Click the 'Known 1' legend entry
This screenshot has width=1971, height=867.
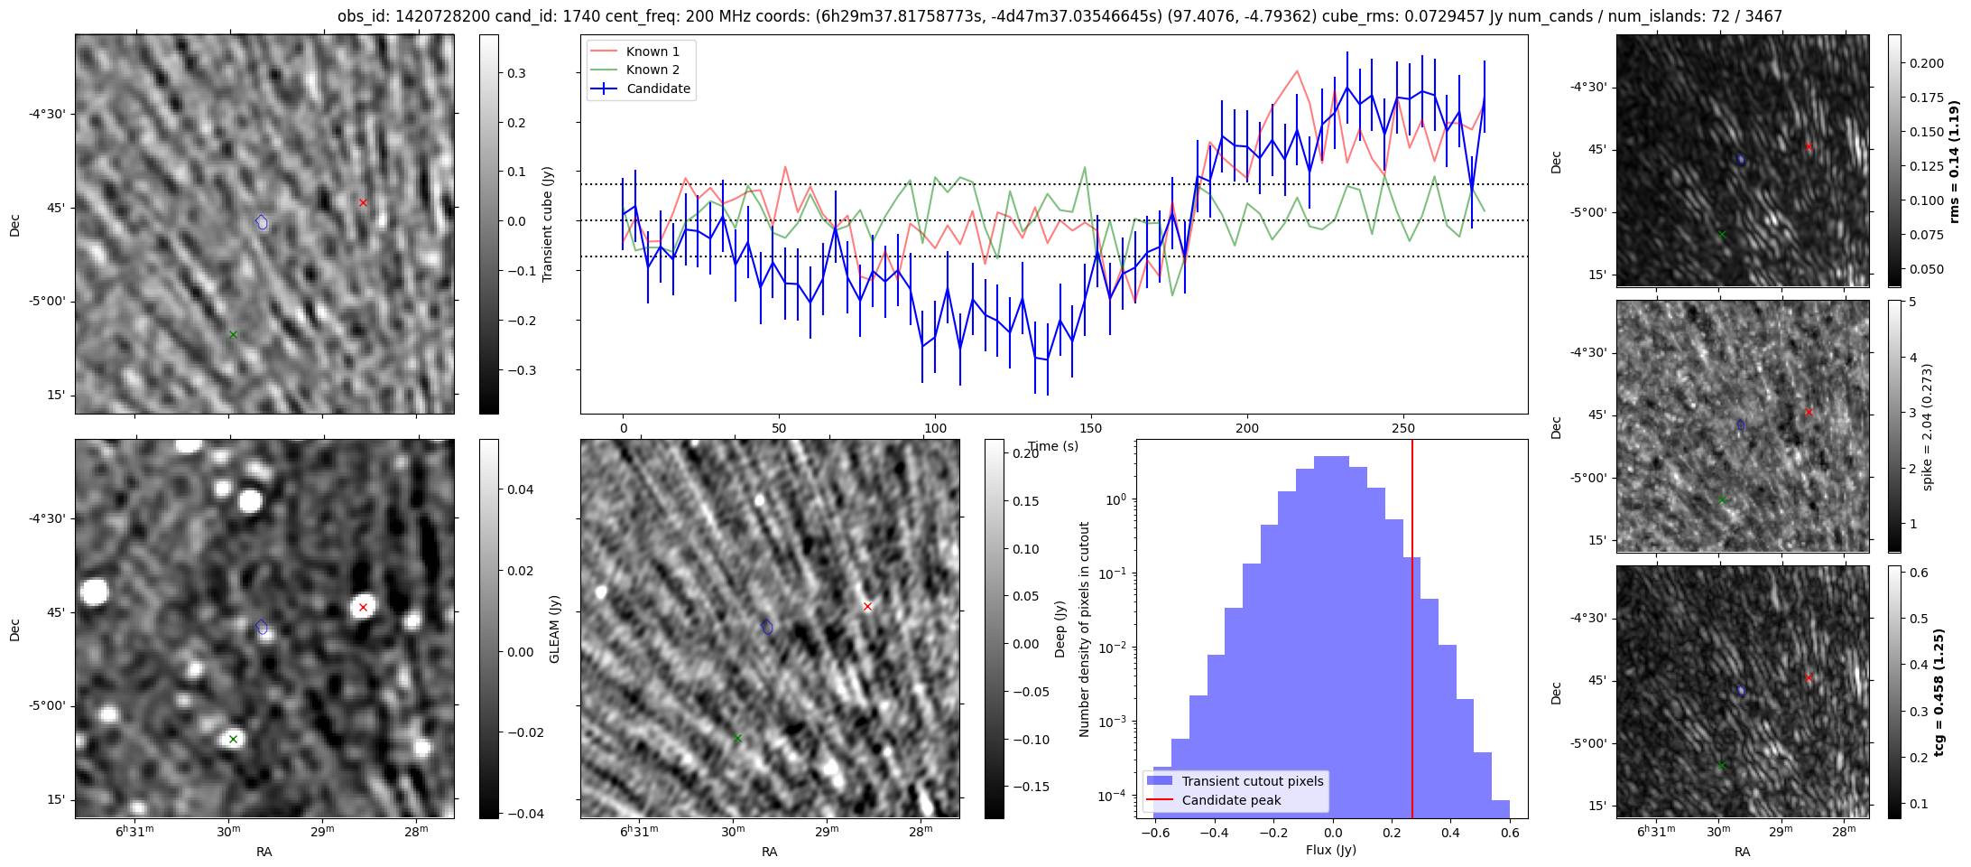point(652,51)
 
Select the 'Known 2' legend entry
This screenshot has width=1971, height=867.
point(652,70)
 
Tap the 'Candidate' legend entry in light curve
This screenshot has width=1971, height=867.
point(658,89)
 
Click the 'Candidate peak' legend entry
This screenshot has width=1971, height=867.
point(1231,800)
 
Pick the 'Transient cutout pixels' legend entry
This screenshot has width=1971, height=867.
point(1252,781)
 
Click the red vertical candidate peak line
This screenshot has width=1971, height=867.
point(1412,632)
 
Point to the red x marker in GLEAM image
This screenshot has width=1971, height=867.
point(363,607)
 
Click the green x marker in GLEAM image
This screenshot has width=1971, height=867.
point(233,739)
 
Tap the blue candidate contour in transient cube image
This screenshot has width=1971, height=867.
point(262,221)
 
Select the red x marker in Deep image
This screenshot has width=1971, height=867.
point(867,607)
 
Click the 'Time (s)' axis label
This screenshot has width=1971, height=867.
point(1053,446)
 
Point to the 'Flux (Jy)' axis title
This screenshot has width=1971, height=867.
point(1331,850)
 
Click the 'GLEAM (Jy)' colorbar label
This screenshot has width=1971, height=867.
point(554,629)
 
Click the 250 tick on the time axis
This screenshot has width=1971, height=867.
point(1403,428)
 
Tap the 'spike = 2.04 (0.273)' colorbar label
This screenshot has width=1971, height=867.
point(1928,426)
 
